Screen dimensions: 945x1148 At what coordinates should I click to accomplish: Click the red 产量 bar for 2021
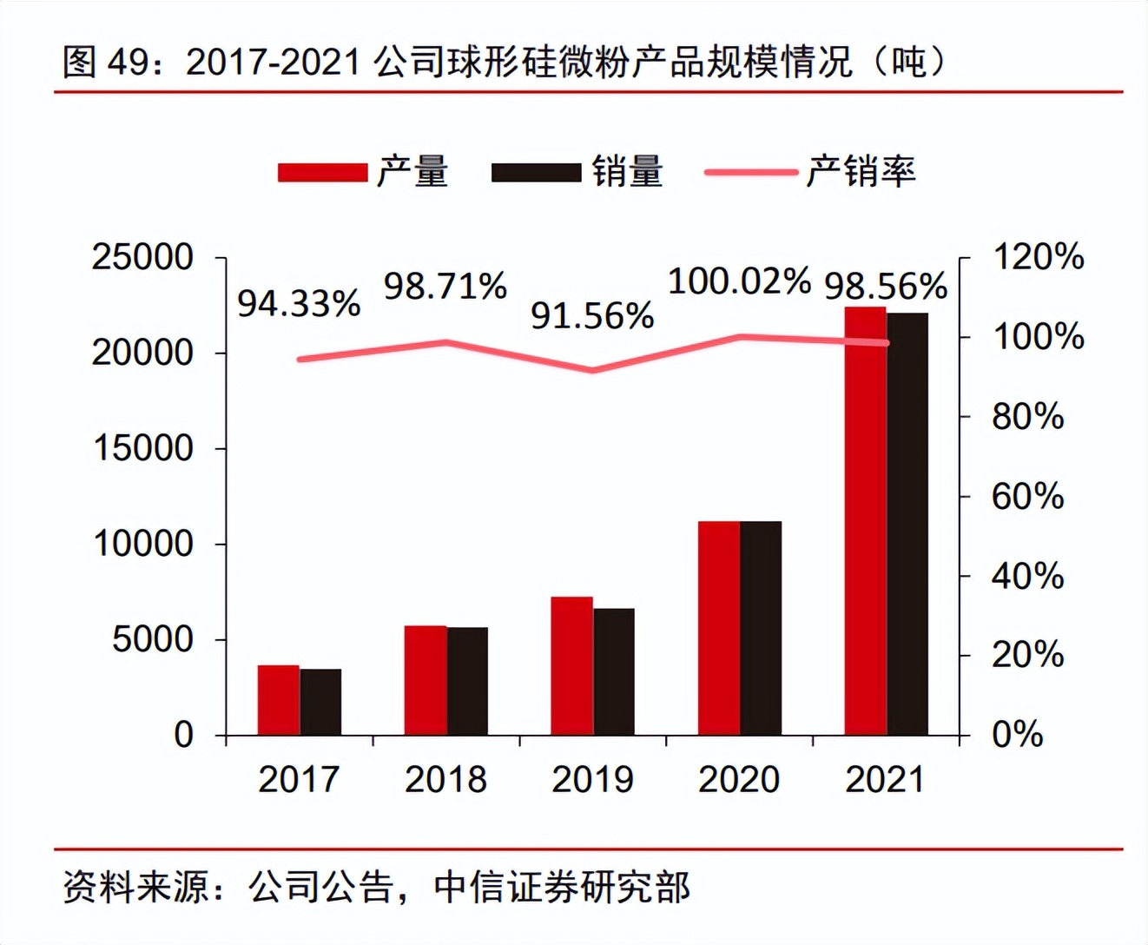(x=865, y=521)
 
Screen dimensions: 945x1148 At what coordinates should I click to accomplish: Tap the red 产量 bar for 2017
(x=278, y=700)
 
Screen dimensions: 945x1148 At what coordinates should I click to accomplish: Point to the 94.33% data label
(x=299, y=303)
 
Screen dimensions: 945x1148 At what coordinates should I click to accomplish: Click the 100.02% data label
(x=739, y=281)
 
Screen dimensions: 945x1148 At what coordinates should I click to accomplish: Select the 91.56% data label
(x=592, y=316)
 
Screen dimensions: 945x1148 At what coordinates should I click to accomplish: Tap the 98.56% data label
(x=886, y=286)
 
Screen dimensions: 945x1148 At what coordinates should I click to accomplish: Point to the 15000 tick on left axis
(x=143, y=448)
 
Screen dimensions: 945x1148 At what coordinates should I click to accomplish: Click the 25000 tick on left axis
(x=143, y=257)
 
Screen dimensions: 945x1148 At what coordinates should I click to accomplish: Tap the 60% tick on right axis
(x=1027, y=497)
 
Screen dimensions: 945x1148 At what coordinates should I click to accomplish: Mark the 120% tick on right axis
(x=1038, y=257)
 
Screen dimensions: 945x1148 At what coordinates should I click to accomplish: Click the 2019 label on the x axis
(x=592, y=779)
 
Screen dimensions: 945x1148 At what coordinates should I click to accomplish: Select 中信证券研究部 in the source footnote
(x=562, y=887)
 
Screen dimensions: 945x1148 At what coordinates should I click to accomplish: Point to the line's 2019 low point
(x=592, y=370)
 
